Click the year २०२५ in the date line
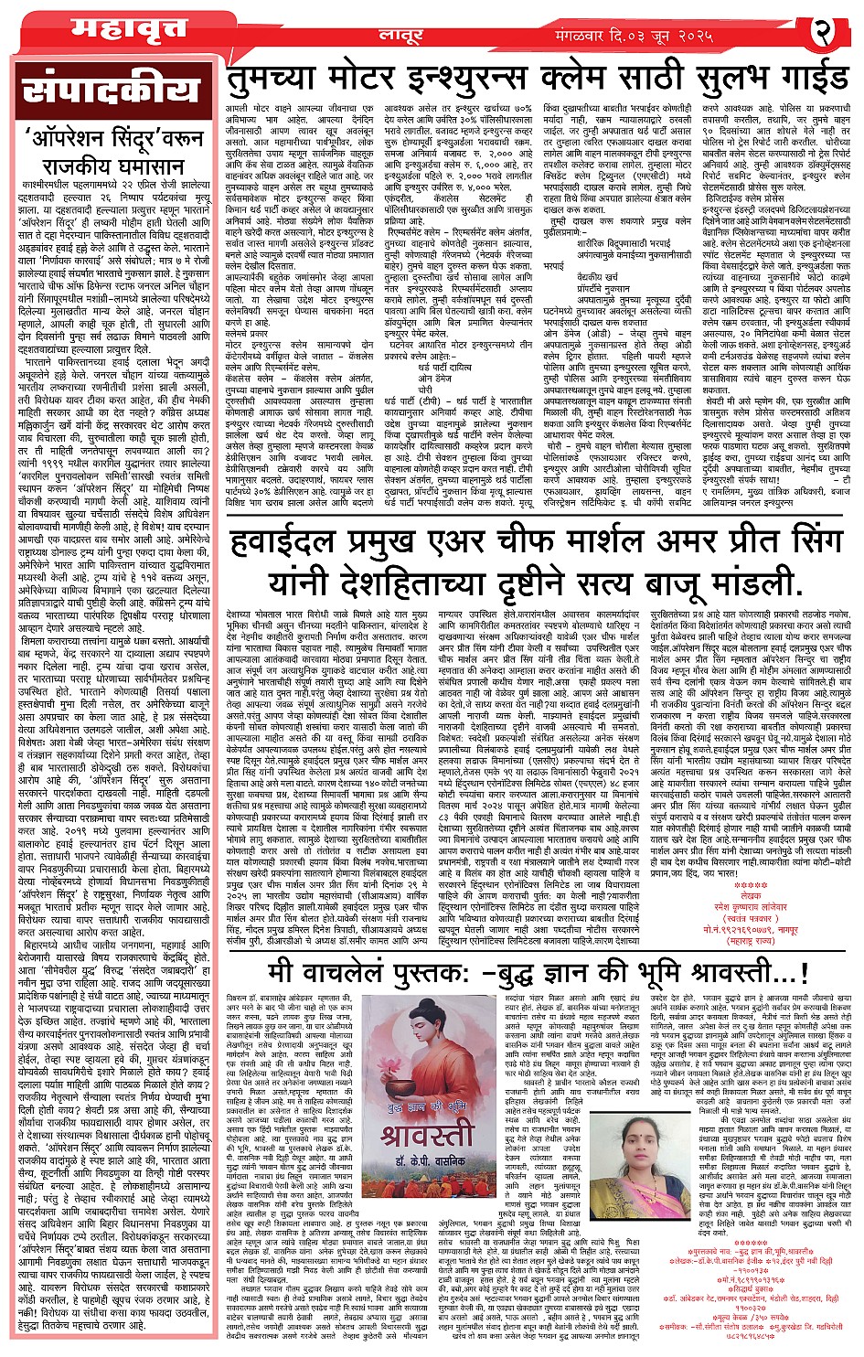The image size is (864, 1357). pyautogui.click(x=691, y=35)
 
